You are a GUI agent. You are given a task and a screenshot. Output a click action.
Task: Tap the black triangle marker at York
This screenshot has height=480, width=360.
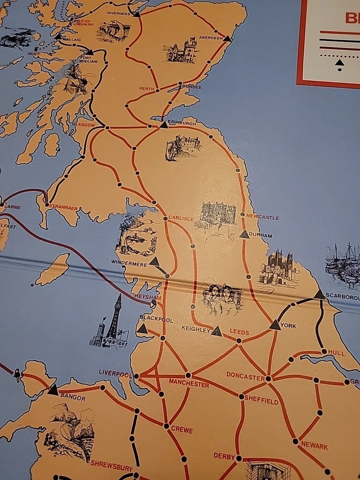coord(275,325)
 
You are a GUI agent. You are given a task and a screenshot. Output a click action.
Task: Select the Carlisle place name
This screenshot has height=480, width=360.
coord(180,218)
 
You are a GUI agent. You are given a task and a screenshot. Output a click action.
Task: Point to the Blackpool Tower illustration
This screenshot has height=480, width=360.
coord(112,325)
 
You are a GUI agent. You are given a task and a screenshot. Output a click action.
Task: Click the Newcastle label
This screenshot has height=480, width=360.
coord(262,217)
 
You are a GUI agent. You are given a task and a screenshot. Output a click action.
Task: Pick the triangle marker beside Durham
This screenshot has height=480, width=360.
coord(244,234)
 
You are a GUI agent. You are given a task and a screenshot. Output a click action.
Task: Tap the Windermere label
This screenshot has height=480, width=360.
coord(130,264)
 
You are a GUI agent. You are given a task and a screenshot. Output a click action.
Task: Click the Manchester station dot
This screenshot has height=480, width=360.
coord(188,375)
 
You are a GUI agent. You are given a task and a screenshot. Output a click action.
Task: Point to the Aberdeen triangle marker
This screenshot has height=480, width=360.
coord(227,38)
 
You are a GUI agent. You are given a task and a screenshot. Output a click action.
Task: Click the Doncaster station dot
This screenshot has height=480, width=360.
coord(268,378)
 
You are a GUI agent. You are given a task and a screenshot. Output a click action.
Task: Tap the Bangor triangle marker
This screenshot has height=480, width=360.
coord(53,390)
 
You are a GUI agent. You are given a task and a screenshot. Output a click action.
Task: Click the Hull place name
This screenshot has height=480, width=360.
coord(336,353)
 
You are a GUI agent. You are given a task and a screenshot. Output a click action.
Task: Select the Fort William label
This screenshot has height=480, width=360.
coord(89,59)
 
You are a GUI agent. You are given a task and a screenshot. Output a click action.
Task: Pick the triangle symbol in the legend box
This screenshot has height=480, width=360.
coord(339,62)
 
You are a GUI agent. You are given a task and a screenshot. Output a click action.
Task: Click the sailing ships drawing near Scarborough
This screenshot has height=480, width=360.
coord(343,265)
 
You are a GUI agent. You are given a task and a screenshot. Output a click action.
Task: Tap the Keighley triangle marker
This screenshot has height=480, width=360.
coord(216,331)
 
